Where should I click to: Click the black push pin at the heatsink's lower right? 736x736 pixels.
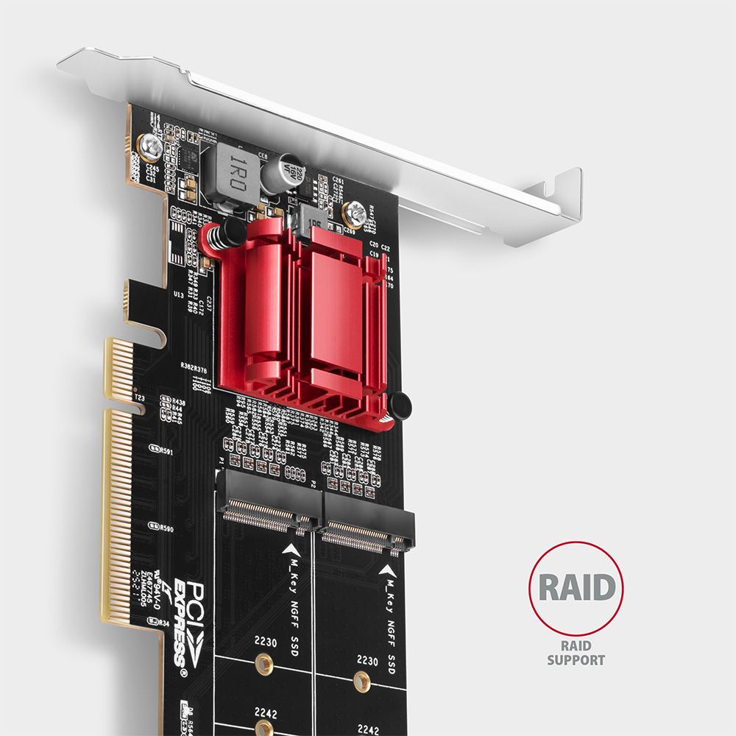pyautogui.click(x=400, y=406)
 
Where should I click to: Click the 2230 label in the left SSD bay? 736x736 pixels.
pyautogui.click(x=266, y=643)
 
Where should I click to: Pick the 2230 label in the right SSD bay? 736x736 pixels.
pyautogui.click(x=367, y=661)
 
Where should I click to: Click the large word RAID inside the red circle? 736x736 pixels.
pyautogui.click(x=576, y=588)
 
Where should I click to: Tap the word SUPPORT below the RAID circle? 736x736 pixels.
pyautogui.click(x=576, y=660)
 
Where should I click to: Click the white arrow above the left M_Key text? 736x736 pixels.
pyautogui.click(x=293, y=549)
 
